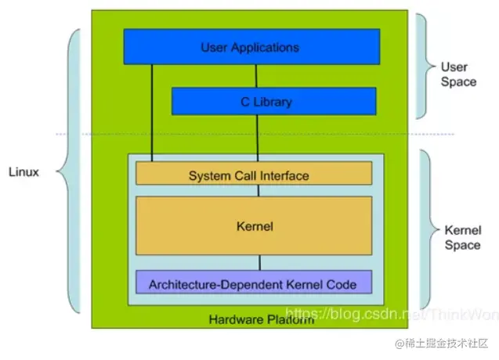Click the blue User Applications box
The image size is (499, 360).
click(251, 46)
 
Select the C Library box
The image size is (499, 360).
click(273, 101)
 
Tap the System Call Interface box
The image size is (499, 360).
click(253, 174)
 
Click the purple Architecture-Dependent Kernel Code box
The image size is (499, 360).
click(253, 282)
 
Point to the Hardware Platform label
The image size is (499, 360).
click(261, 319)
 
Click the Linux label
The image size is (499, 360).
click(24, 171)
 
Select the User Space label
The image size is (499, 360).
click(457, 74)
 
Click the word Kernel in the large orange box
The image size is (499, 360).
click(253, 227)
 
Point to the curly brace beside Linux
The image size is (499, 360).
click(72, 172)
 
